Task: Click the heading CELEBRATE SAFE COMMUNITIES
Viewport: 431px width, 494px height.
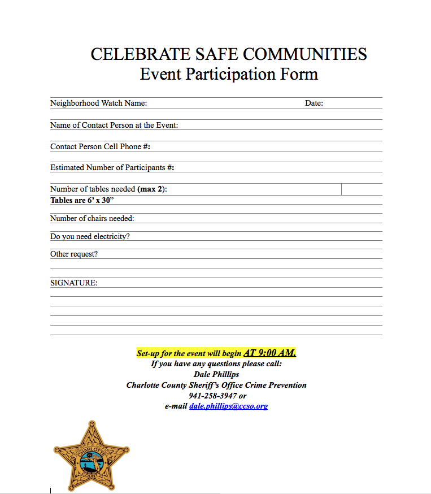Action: point(229,54)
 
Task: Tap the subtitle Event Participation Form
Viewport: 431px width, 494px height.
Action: point(229,74)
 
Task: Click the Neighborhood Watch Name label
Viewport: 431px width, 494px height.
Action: point(99,103)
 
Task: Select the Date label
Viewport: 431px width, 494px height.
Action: point(314,103)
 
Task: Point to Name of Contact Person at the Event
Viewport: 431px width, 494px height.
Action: point(114,125)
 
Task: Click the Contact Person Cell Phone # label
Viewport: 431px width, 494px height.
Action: point(100,146)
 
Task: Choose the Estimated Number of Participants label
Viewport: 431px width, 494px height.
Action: point(112,168)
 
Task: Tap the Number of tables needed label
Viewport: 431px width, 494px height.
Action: point(108,189)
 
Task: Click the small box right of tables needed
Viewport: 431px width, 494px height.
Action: point(362,189)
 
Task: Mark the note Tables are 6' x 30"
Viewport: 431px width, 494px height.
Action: point(86,200)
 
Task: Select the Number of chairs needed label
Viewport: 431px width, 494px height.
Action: point(92,219)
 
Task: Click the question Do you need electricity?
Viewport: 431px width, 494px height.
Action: point(90,237)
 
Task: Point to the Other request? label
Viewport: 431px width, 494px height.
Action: point(74,254)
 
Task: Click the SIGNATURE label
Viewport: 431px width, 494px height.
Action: point(73,283)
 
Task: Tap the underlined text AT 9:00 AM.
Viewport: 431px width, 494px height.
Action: point(269,353)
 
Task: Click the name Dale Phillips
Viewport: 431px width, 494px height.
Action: point(216,374)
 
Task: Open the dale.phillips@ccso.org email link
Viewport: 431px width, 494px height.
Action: point(228,406)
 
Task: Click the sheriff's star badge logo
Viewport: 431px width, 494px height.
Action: point(92,456)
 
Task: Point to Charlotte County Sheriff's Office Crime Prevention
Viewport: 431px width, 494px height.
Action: point(216,385)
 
